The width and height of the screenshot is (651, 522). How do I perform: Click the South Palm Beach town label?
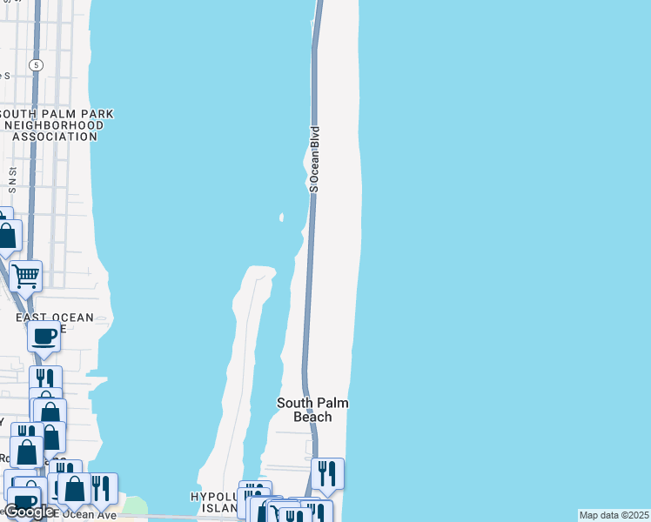tap(312, 410)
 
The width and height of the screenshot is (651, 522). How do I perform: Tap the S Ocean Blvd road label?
tap(314, 159)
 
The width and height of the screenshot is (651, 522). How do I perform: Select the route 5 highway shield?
tap(36, 64)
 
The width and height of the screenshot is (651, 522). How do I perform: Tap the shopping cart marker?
tap(26, 276)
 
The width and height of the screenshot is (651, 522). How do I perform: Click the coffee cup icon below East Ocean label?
tap(44, 336)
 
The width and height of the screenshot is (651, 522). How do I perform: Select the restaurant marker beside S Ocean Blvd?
tap(327, 473)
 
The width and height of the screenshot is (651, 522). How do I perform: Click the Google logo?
tap(28, 512)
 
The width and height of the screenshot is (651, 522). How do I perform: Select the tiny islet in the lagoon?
tap(281, 217)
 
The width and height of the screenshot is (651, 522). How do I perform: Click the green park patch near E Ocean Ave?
tap(135, 505)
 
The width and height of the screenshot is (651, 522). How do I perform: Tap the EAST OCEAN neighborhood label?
tap(54, 318)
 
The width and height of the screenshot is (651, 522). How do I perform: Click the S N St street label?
tap(12, 177)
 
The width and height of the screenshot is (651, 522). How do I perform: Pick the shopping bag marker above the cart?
tap(8, 236)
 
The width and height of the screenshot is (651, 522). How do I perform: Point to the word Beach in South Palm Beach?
tap(312, 417)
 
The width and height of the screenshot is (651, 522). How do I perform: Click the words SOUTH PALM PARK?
tap(57, 114)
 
